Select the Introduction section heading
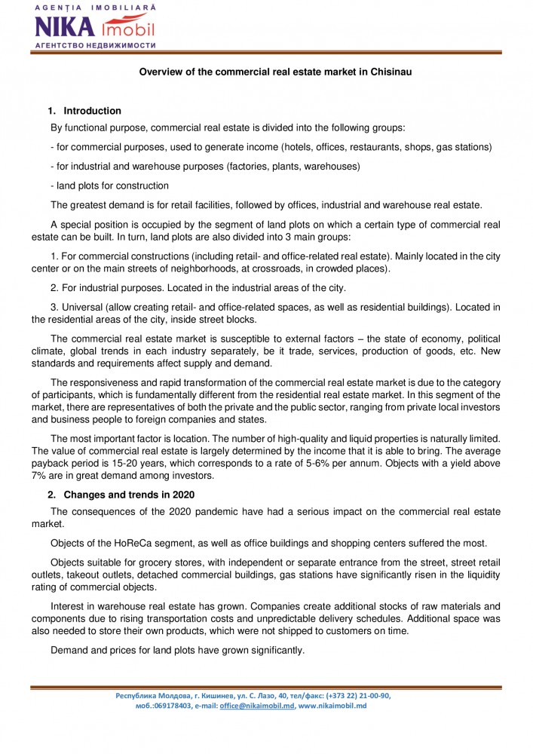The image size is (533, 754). point(92,111)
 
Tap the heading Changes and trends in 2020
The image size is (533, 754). point(129,495)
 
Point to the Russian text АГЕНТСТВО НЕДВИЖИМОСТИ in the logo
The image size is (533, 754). point(95,45)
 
